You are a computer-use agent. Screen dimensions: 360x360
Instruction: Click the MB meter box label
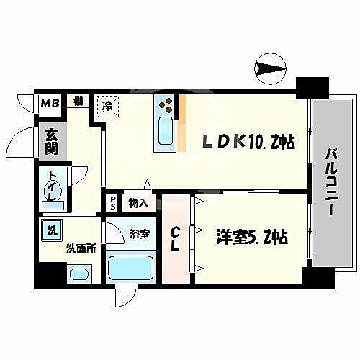pos(50,102)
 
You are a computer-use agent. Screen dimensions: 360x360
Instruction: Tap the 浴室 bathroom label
pos(140,233)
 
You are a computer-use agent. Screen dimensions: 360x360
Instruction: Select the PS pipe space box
pos(112,203)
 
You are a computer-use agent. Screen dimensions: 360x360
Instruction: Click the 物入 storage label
pos(138,203)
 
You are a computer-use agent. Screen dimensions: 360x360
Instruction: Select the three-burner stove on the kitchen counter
pos(166,104)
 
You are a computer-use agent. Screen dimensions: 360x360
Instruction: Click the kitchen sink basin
pos(165,132)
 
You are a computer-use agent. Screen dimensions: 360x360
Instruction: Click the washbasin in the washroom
pos(78,274)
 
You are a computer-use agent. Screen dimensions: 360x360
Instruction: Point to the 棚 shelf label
pos(77,101)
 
